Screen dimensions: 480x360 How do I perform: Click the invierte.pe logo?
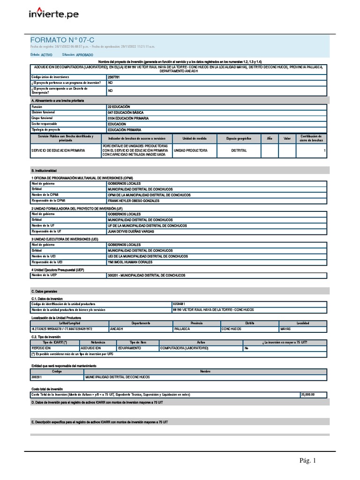pyautogui.click(x=54, y=14)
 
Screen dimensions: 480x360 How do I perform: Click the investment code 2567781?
pyautogui.click(x=113, y=76)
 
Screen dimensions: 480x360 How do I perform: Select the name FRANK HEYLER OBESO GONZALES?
pyautogui.click(x=133, y=201)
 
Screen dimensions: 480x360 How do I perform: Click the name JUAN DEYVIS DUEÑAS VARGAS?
pyautogui.click(x=131, y=231)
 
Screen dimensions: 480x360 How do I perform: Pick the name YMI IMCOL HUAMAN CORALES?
pyautogui.click(x=130, y=262)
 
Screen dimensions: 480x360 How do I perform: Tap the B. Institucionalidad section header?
pyautogui.click(x=44, y=171)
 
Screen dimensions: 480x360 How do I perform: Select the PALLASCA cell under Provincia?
pyautogui.click(x=182, y=329)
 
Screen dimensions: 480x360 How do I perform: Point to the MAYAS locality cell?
pyautogui.click(x=286, y=329)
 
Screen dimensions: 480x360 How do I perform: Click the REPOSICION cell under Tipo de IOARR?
pyautogui.click(x=41, y=348)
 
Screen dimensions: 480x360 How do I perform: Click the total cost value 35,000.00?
pyautogui.click(x=307, y=395)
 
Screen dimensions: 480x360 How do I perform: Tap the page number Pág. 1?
pyautogui.click(x=308, y=461)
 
